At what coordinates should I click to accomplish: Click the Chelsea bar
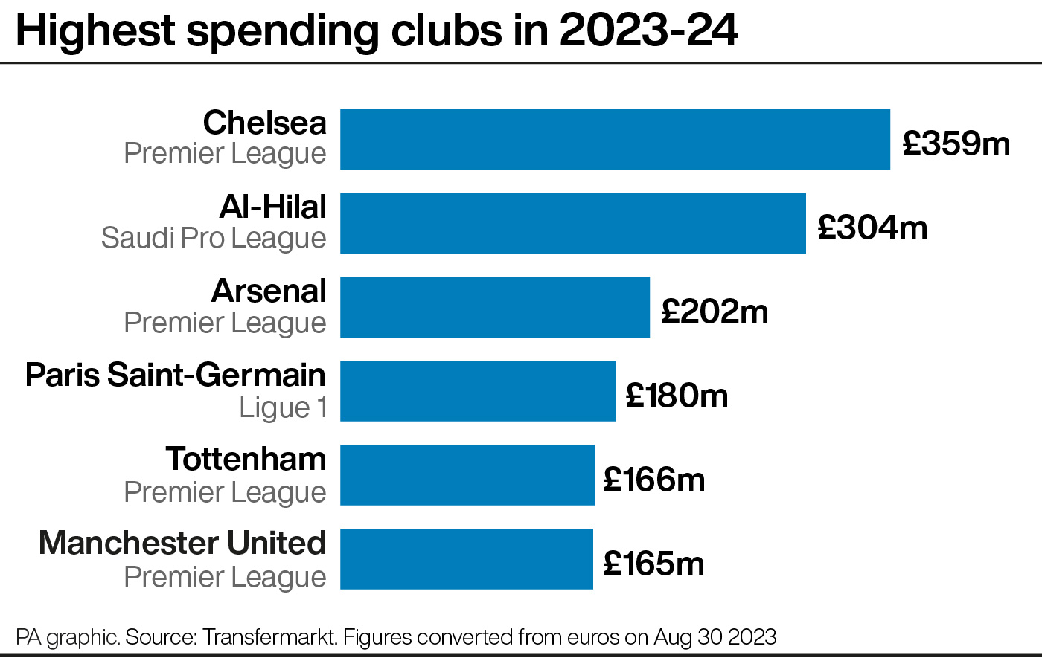click(x=615, y=139)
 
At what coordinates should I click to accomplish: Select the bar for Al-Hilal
click(x=573, y=223)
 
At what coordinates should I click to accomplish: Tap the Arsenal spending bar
click(x=495, y=307)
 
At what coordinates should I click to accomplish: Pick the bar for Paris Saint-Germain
click(x=478, y=391)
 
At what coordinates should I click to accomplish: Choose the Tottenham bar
click(x=467, y=475)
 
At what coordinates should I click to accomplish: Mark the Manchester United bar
click(x=467, y=559)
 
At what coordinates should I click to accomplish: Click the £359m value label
click(x=956, y=143)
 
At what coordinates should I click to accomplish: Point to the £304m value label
click(x=872, y=227)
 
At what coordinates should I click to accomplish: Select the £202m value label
click(x=715, y=311)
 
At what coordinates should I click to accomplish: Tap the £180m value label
click(x=677, y=395)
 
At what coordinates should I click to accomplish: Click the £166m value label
click(x=654, y=479)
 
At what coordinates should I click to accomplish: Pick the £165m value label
click(x=653, y=563)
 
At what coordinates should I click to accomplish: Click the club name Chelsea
click(x=264, y=123)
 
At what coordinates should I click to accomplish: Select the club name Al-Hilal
click(x=273, y=207)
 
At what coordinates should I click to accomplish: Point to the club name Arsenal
click(x=269, y=291)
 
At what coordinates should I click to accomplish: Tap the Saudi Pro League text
click(x=214, y=239)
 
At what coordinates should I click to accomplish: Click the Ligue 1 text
click(x=283, y=407)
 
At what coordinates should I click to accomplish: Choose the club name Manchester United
click(x=182, y=543)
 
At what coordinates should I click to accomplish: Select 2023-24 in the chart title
click(x=648, y=30)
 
